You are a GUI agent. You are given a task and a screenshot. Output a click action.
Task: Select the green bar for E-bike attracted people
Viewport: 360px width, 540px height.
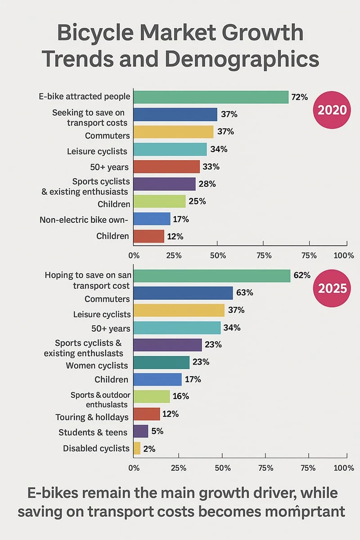click(x=211, y=97)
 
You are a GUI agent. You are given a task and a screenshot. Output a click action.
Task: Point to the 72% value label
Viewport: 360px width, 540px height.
click(x=299, y=97)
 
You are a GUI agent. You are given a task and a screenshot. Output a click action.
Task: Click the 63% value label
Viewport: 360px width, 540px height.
click(x=243, y=292)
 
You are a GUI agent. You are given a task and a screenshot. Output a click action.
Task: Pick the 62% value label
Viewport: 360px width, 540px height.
click(x=301, y=275)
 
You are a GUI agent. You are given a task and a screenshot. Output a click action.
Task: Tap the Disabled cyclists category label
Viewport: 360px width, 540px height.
click(x=96, y=448)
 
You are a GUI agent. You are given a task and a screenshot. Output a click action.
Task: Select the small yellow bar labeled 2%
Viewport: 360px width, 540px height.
click(x=137, y=448)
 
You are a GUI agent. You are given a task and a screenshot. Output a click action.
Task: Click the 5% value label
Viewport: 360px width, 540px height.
click(x=157, y=431)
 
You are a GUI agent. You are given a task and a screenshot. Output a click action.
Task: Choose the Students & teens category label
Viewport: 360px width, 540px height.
click(x=93, y=432)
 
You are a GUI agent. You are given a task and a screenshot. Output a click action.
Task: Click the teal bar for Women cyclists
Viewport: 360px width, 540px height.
click(x=162, y=362)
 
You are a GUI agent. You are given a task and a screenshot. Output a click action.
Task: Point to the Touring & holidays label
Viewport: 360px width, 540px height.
click(x=92, y=417)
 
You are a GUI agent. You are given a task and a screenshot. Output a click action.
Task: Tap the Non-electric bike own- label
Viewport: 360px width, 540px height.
click(x=85, y=220)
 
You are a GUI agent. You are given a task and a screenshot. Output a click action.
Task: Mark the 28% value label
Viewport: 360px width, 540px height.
click(x=207, y=184)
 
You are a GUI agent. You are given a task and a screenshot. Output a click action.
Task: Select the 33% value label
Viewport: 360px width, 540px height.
click(x=211, y=166)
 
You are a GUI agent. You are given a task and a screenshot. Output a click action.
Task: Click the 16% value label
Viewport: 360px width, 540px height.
click(x=180, y=396)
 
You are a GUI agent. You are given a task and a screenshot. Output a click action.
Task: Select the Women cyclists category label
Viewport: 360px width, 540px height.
click(x=97, y=365)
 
